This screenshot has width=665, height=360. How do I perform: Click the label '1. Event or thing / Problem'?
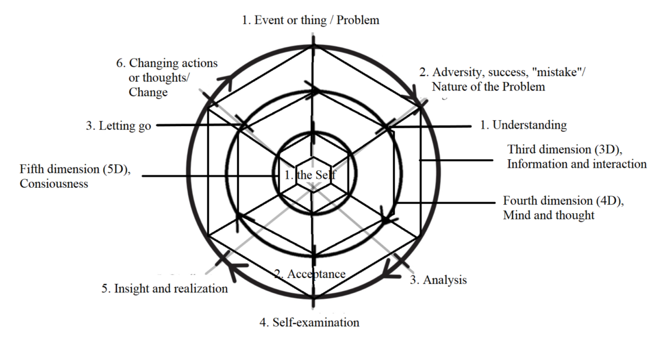(x=310, y=20)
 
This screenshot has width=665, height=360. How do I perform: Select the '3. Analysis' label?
(x=438, y=280)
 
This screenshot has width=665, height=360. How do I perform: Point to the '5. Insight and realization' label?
(x=164, y=289)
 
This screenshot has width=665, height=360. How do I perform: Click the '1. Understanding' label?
(x=523, y=125)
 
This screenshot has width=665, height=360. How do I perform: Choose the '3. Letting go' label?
(x=118, y=126)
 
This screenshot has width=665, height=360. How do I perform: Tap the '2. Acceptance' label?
(x=309, y=274)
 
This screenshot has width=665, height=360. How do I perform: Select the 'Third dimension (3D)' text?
(x=564, y=150)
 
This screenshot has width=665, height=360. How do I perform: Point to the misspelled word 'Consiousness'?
(x=54, y=184)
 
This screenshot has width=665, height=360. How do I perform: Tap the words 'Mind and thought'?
(x=549, y=215)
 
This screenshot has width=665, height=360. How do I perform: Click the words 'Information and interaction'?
(x=577, y=164)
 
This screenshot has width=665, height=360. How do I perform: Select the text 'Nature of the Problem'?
(x=489, y=86)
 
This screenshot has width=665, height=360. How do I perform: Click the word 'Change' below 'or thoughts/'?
(x=148, y=92)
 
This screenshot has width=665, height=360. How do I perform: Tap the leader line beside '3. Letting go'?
(x=195, y=125)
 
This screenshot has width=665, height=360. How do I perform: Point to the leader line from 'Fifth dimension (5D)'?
(x=208, y=175)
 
